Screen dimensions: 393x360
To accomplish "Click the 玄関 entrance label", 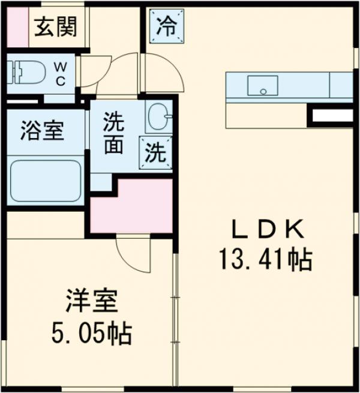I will [x=55, y=27].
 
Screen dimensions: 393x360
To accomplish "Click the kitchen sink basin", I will [x=263, y=85].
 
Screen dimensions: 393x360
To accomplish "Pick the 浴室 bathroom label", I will [x=42, y=131].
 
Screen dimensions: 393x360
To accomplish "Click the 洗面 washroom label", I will [x=113, y=134].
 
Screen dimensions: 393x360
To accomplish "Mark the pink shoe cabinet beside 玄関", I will [x=14, y=28].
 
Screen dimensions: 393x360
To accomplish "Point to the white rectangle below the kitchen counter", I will [x=331, y=116].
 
